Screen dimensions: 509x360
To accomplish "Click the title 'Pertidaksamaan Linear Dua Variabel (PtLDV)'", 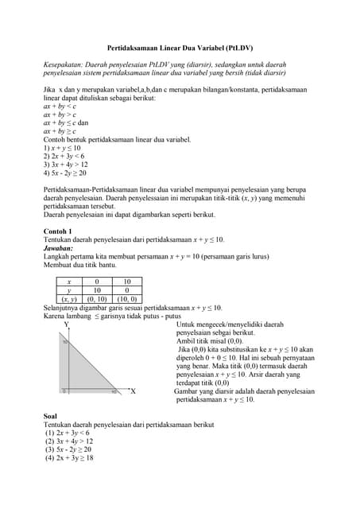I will [x=179, y=47].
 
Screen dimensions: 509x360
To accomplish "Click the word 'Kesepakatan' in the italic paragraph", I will [x=64, y=64].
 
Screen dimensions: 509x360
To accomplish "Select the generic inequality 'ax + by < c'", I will [x=60, y=106].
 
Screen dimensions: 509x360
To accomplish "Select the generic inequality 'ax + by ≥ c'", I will [x=60, y=131].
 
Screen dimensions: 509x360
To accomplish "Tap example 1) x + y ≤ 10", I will [x=62, y=148].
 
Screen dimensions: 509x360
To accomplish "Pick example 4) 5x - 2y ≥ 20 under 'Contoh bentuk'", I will [x=65, y=173].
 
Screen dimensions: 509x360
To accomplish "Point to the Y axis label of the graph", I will [x=66, y=324].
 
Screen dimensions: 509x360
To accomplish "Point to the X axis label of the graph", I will [x=133, y=391].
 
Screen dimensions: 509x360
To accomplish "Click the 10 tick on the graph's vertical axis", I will [x=65, y=342].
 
